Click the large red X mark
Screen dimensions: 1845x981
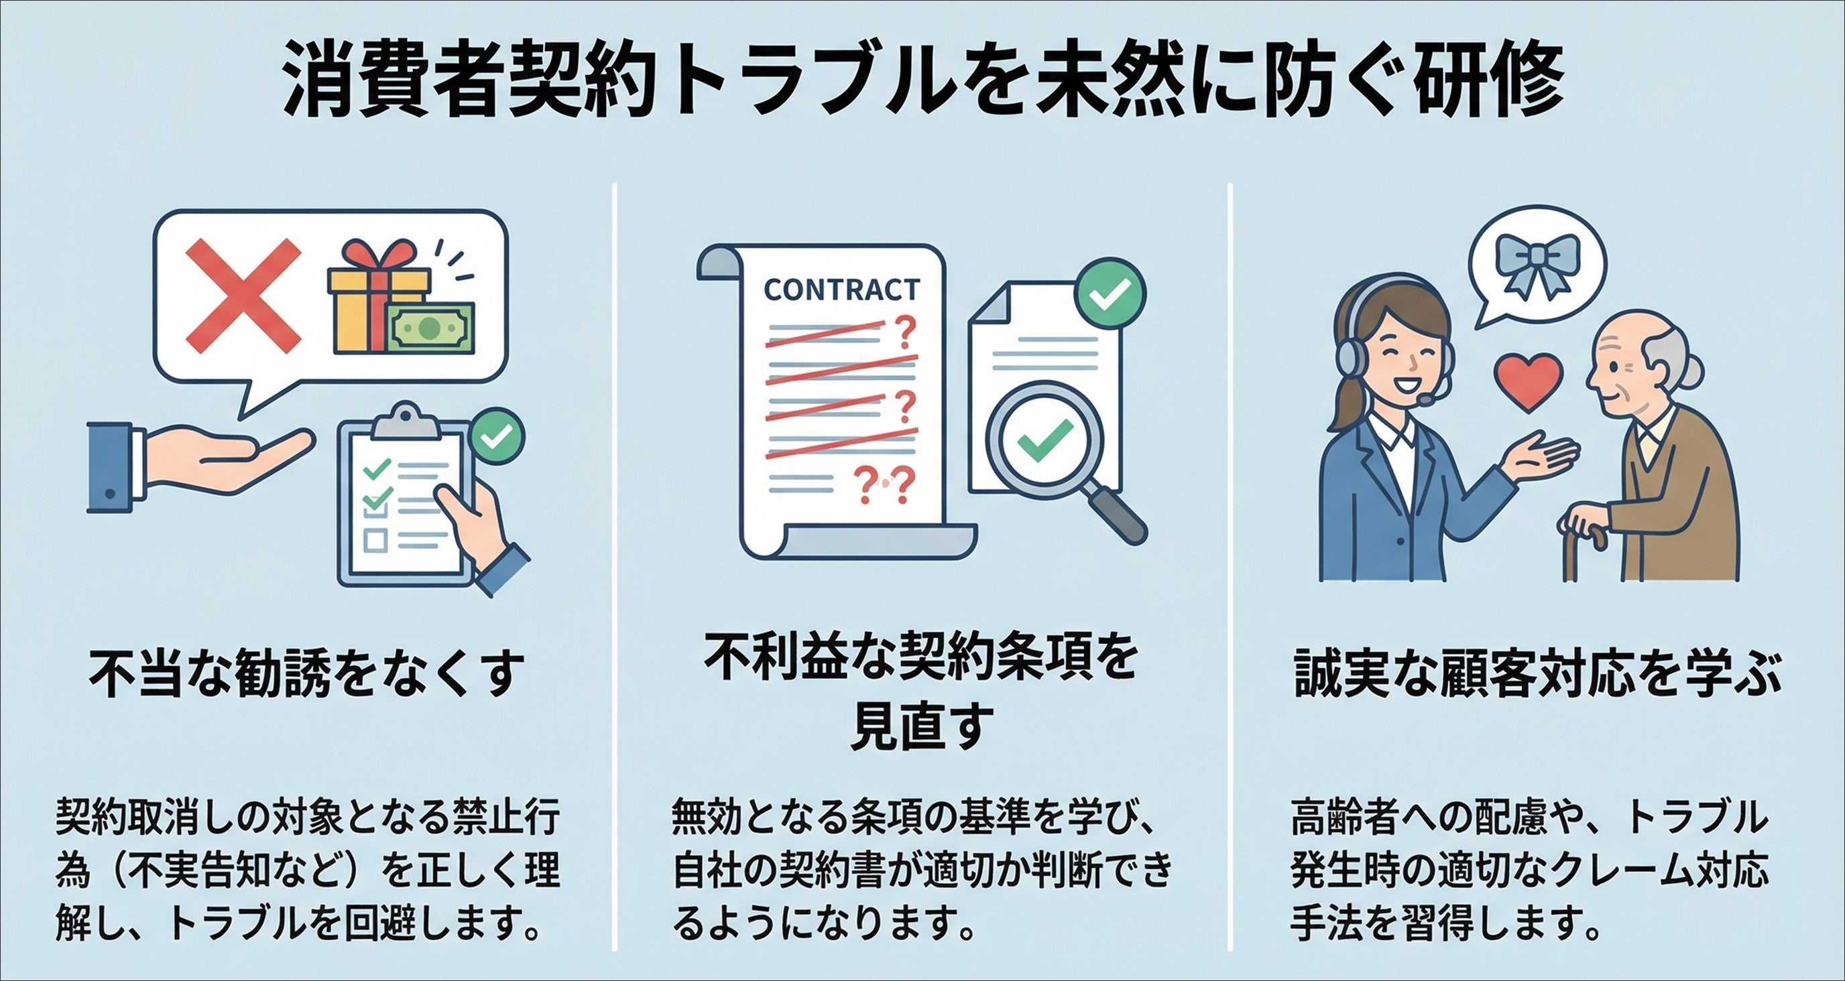[x=243, y=294]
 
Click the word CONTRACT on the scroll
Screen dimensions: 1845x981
[x=841, y=290]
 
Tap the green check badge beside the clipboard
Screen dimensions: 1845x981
[x=497, y=435]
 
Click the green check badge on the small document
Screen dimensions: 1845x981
[x=1110, y=294]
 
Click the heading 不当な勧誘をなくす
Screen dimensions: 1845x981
[x=304, y=675]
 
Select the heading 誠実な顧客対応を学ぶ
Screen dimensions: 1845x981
[x=1537, y=675]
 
